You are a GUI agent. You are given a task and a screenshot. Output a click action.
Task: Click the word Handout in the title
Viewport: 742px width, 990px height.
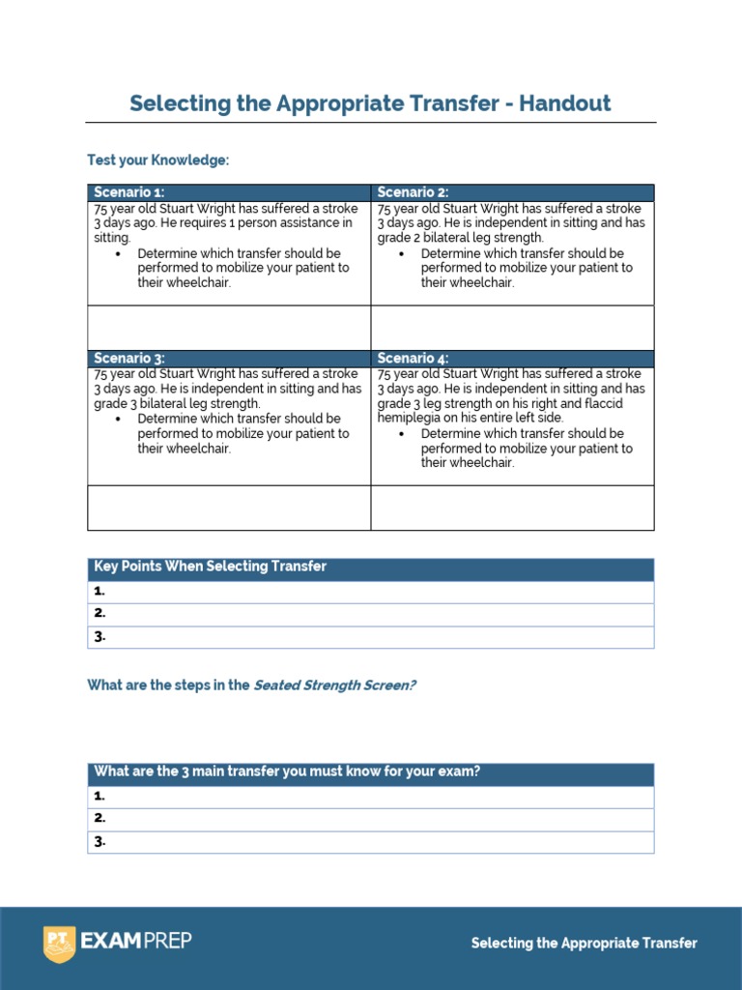pos(564,103)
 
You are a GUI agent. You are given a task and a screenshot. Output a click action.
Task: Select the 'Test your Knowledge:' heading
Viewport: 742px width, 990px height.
pos(158,160)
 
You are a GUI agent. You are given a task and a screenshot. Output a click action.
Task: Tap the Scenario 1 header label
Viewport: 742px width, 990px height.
pos(129,192)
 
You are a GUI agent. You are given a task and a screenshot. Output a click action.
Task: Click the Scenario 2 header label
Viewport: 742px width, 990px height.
pos(413,192)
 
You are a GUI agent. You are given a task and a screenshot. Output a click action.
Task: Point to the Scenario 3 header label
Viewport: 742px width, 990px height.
pos(129,359)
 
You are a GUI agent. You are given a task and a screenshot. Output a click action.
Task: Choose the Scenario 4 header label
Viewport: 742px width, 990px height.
pos(413,359)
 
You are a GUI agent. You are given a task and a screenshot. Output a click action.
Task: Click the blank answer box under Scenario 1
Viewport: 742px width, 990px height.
pos(229,327)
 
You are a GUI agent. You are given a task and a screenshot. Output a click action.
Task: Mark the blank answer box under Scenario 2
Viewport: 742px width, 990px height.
pos(512,327)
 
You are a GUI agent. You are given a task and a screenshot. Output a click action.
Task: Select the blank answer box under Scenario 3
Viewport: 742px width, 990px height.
pos(229,508)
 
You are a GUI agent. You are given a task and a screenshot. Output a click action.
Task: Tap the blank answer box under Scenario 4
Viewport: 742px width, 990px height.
pos(512,508)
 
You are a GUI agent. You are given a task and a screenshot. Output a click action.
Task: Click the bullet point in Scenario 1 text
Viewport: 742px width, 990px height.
pos(118,253)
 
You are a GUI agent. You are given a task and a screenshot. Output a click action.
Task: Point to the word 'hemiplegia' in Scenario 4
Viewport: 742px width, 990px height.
pos(410,418)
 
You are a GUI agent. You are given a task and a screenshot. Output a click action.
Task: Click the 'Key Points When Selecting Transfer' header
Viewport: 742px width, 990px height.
pos(210,567)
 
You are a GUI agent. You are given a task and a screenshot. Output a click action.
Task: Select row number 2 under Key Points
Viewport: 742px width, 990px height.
pos(370,614)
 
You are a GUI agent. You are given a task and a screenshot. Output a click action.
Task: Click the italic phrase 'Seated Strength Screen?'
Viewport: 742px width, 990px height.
pos(334,685)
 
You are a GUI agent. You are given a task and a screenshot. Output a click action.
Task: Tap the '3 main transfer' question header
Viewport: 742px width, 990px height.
pos(287,772)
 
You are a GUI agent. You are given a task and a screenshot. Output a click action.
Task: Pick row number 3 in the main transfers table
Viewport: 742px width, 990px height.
pos(370,842)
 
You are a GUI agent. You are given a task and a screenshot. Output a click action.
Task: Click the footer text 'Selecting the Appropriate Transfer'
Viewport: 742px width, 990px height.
pos(584,944)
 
